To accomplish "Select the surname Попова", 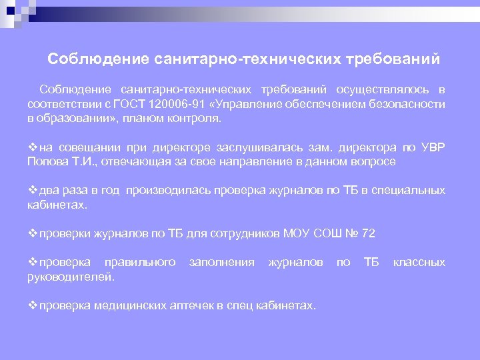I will [x=47, y=161].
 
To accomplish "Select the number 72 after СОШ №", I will [x=368, y=233].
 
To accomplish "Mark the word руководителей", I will [x=71, y=277].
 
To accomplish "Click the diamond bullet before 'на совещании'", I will [x=33, y=147].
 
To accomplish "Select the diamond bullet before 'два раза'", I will [x=33, y=191].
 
